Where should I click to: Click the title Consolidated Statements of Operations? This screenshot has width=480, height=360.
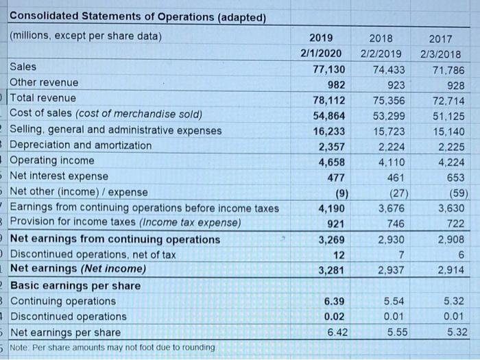137,16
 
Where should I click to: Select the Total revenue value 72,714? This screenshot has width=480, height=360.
448,99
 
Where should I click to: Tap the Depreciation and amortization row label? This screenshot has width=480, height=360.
81,145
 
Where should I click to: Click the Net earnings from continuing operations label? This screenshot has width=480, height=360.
115,239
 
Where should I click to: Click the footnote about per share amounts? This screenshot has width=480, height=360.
112,348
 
